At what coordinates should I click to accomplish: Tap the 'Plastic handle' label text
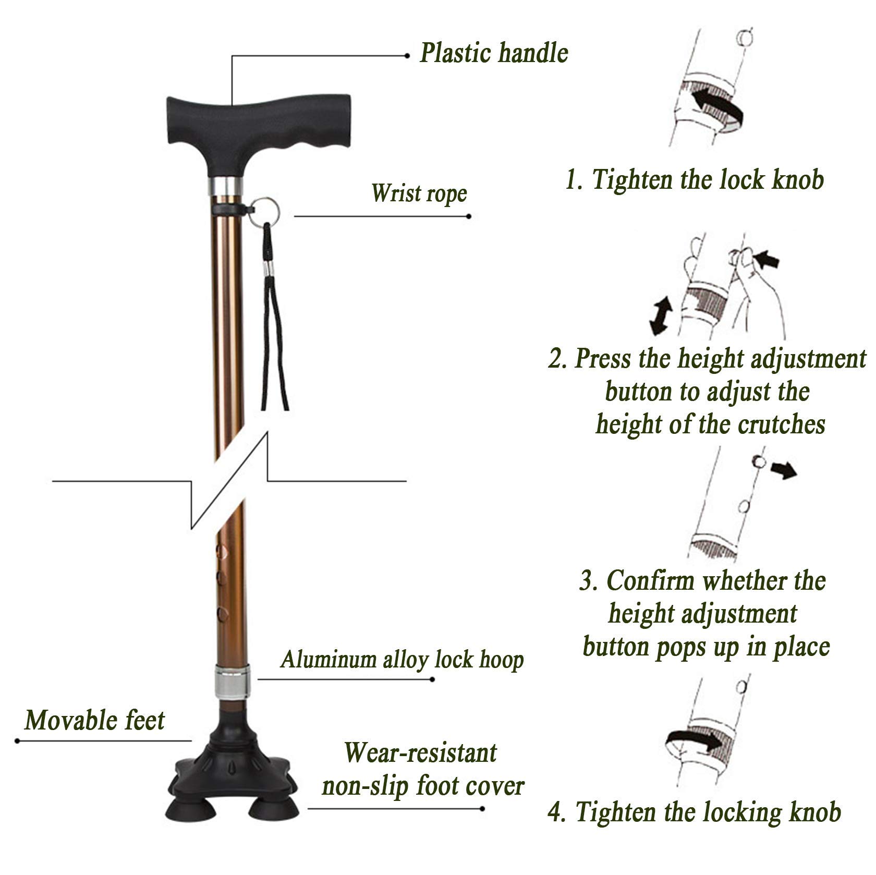pyautogui.click(x=494, y=53)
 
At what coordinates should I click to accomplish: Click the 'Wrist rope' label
pyautogui.click(x=419, y=193)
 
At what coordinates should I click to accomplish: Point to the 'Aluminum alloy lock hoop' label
pyautogui.click(x=402, y=659)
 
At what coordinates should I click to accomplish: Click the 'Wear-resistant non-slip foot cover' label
pyautogui.click(x=422, y=770)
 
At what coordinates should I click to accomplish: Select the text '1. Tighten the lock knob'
pyautogui.click(x=695, y=180)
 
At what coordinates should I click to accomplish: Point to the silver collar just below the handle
pyautogui.click(x=226, y=186)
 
